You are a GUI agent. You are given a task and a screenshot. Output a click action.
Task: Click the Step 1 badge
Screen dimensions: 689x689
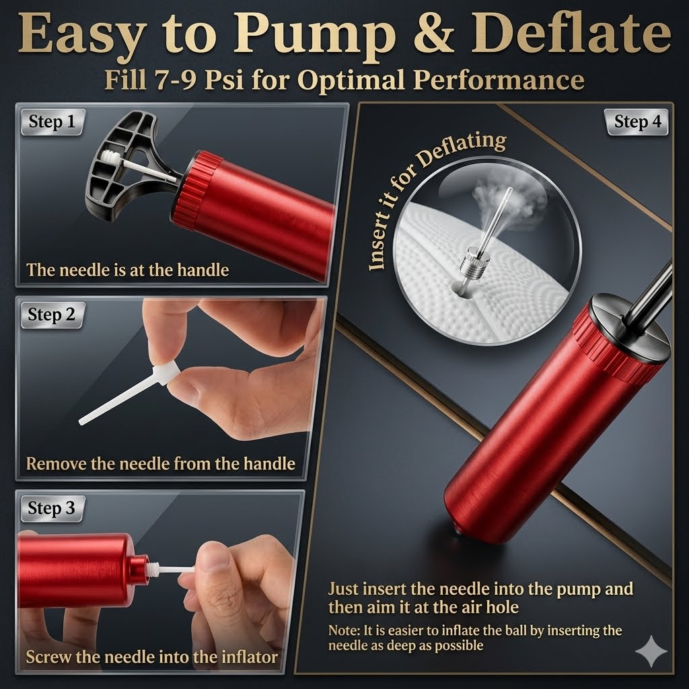coord(52,122)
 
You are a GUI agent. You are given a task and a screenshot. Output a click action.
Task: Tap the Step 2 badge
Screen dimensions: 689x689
coord(52,315)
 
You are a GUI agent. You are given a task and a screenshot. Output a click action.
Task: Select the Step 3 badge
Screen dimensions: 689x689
coord(52,509)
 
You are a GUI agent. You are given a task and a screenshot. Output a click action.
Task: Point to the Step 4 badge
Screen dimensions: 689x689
coord(637,122)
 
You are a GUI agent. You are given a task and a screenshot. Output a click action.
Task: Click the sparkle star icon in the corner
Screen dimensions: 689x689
coord(651,651)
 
